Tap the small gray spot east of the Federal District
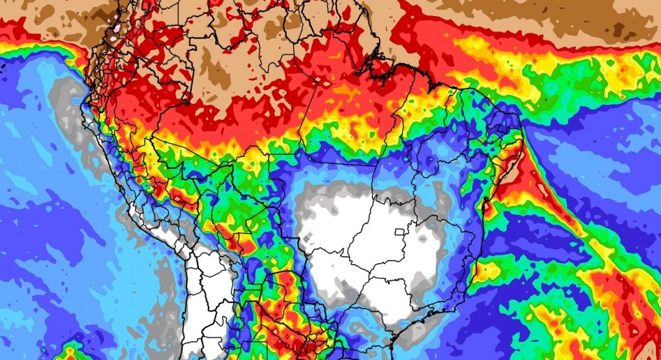click(431, 227)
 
